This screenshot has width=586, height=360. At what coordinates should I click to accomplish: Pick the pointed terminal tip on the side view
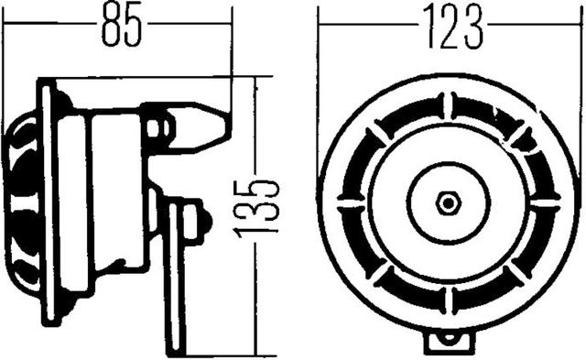click(x=222, y=119)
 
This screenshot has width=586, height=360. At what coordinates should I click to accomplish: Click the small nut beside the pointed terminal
click(x=163, y=125)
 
